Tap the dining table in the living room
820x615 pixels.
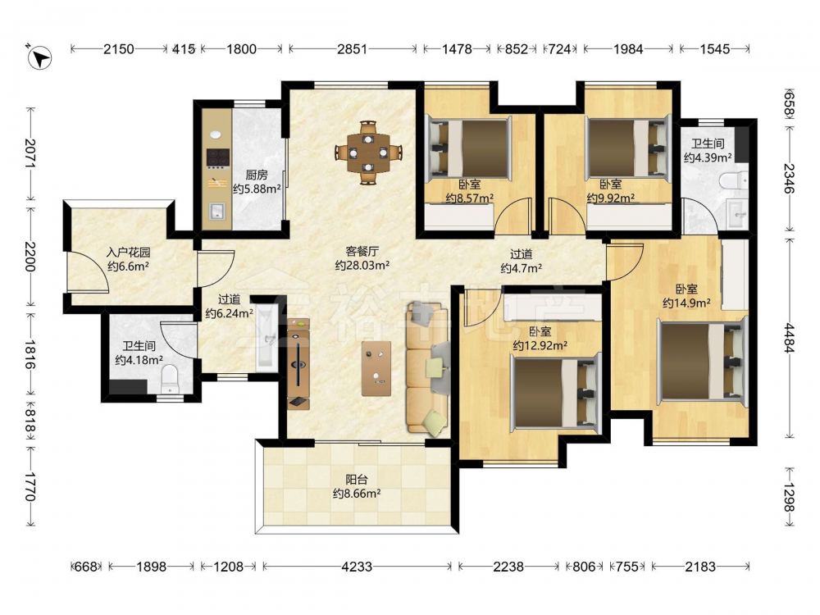point(369,153)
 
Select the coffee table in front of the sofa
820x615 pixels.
point(376,369)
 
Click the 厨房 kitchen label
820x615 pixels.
point(256,175)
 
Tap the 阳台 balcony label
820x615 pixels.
point(356,479)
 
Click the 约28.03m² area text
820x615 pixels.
point(362,265)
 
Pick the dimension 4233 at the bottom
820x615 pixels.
point(357,567)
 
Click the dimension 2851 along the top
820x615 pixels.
point(352,49)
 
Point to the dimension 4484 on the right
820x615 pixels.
point(789,339)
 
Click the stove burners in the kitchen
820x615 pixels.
point(218,157)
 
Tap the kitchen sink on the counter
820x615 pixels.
point(217,211)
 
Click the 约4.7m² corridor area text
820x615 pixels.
point(521,268)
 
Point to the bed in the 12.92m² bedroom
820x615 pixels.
point(554,392)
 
